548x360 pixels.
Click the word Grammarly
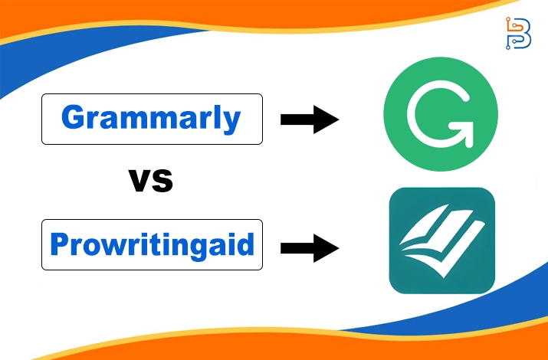(150, 118)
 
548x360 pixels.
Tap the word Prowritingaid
(151, 244)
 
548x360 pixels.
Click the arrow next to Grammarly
(310, 119)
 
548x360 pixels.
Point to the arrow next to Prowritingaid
(310, 247)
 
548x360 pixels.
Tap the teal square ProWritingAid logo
(441, 241)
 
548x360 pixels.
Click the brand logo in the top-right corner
(518, 33)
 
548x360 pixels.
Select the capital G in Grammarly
(74, 118)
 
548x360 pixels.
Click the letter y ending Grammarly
(232, 121)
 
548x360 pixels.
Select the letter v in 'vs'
(139, 182)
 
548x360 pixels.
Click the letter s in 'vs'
(162, 182)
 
